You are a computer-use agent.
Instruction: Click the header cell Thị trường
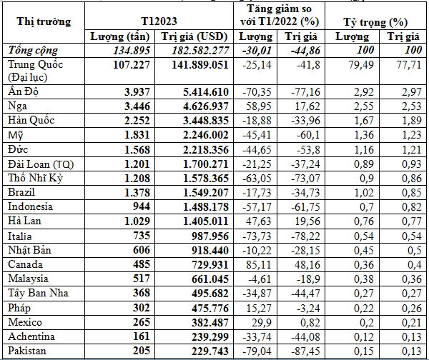click(44, 21)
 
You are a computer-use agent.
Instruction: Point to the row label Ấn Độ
click(24, 91)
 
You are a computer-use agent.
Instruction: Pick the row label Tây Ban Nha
click(35, 293)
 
